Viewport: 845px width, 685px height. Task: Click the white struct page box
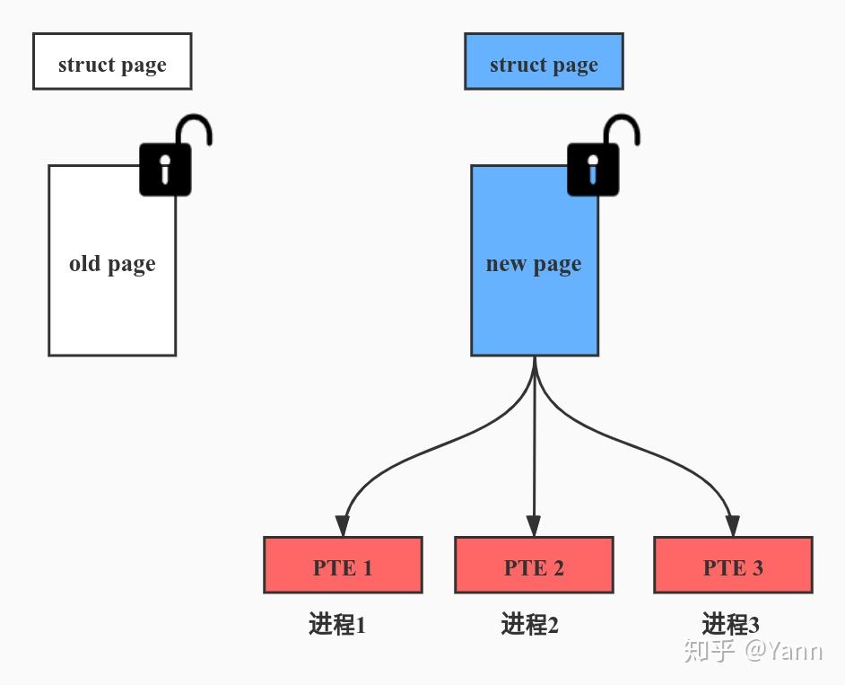[x=112, y=61]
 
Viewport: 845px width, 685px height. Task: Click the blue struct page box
[x=544, y=61]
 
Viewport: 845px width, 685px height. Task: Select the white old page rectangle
[x=112, y=260]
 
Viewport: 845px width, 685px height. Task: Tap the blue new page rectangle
[x=535, y=260]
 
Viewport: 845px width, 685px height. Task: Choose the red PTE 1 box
[x=343, y=565]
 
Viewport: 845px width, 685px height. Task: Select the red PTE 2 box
[x=534, y=565]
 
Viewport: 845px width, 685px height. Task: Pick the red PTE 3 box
[x=733, y=565]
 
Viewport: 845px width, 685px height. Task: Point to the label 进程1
[x=337, y=625]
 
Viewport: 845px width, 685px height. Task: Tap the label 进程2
[x=530, y=625]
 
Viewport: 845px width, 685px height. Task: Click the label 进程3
[x=731, y=625]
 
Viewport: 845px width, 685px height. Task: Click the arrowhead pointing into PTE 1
[x=343, y=526]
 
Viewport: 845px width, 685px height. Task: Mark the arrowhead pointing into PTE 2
[x=534, y=526]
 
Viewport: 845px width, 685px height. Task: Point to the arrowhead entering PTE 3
[x=732, y=526]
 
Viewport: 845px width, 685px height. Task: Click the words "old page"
[x=112, y=264]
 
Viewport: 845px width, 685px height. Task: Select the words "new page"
[x=534, y=264]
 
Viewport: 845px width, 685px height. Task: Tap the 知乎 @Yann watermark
[x=753, y=651]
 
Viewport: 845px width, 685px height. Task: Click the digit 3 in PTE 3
[x=757, y=568]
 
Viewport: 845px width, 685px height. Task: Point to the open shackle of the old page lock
[x=194, y=128]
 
